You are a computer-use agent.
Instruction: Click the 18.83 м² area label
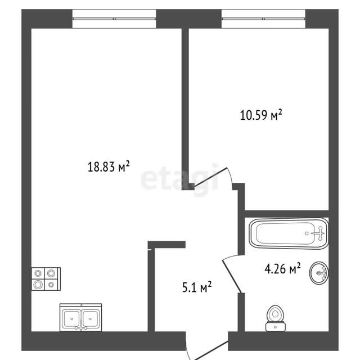point(109,166)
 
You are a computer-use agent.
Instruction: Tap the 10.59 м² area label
point(261,115)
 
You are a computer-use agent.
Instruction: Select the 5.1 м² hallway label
point(197,287)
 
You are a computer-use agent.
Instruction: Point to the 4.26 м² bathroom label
point(282,268)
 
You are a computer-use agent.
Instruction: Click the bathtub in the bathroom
point(289,233)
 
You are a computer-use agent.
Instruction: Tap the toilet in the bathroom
point(276,318)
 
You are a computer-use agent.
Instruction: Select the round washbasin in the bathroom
point(319,273)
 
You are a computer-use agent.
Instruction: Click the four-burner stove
point(46,279)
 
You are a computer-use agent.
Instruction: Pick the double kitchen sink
point(80,317)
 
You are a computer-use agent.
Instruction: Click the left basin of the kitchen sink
point(72,318)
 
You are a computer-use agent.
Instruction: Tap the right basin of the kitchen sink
point(91,318)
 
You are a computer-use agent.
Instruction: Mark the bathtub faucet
point(319,233)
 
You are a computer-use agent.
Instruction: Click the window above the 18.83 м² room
point(114,19)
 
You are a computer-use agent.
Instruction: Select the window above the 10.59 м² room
point(264,19)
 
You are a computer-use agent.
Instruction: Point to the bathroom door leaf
point(232,277)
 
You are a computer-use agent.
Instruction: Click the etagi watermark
point(179,179)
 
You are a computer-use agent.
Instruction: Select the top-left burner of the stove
point(38,273)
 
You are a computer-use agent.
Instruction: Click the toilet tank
point(276,327)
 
